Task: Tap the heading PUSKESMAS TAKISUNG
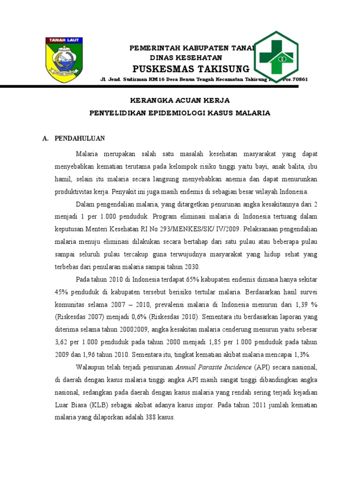tap(191, 69)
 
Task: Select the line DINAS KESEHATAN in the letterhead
tap(185, 57)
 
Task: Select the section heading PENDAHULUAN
tap(80, 138)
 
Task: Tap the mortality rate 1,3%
tap(301, 355)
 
